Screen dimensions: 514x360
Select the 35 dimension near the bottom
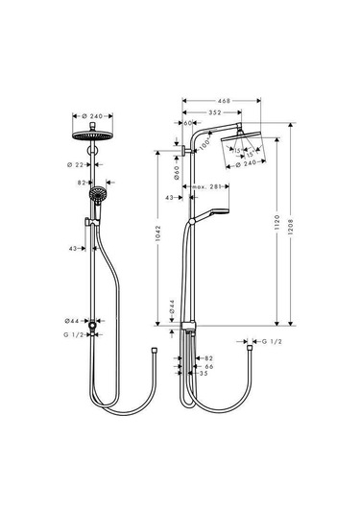point(202,373)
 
